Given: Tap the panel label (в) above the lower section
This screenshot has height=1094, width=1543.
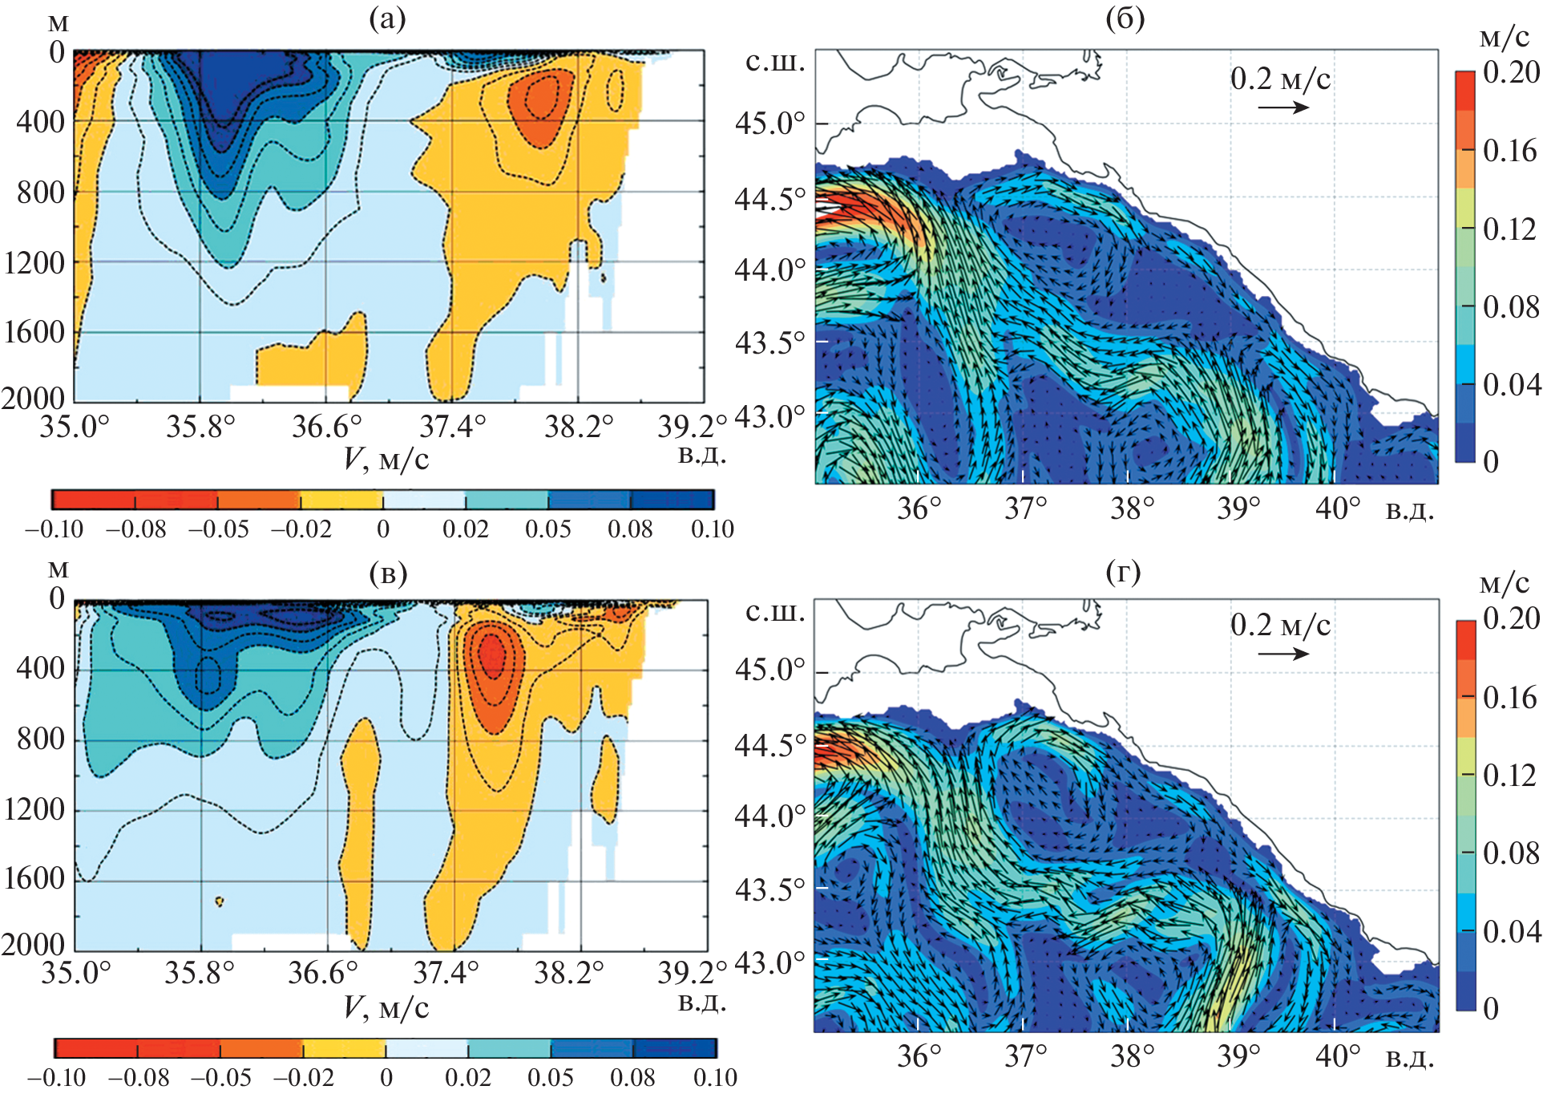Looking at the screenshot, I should point(388,573).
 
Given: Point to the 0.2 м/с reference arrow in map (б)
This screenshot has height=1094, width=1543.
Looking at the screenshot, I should point(1282,106).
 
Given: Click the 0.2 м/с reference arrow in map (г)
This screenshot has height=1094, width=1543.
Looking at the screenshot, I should point(1282,653).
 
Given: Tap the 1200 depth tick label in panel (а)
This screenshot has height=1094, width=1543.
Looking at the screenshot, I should point(34,263).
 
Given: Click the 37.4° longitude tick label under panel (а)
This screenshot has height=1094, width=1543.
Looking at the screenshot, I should point(453,426).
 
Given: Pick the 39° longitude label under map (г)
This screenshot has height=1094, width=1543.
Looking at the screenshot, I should point(1238,1056).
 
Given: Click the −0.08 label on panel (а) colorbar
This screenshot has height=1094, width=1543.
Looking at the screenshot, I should point(135,529).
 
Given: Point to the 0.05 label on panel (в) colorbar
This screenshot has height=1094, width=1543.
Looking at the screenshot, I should point(550,1077).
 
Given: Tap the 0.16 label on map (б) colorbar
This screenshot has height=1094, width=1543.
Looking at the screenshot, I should point(1509,151).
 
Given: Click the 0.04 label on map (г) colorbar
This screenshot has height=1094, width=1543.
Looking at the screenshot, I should point(1511,931).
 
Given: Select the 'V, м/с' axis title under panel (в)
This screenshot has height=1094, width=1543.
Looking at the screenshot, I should point(386,1007).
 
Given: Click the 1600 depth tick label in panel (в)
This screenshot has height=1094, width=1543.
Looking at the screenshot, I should point(34,879).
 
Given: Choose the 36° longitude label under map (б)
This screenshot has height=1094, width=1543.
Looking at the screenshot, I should point(919,509).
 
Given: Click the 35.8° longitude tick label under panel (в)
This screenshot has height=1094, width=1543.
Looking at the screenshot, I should point(200,973).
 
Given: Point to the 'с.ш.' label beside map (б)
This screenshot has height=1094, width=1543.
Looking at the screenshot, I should point(774,62).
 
